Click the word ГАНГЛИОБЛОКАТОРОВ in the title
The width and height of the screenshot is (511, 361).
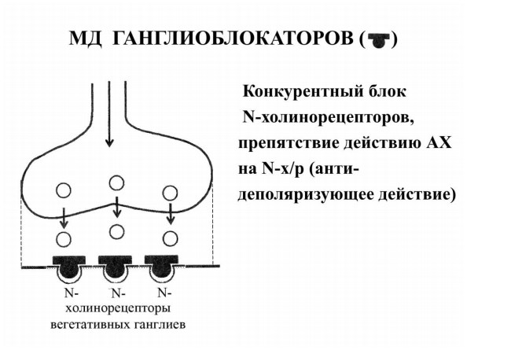(x=233, y=39)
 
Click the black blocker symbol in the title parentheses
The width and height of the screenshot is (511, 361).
(x=378, y=40)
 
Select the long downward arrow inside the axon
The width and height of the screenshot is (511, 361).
(x=109, y=114)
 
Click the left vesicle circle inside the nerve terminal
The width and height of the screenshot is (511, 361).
(x=63, y=190)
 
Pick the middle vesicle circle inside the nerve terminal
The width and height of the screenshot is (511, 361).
(x=116, y=182)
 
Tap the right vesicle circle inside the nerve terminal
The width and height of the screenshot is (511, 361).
(x=170, y=193)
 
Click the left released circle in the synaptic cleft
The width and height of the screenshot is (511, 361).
(x=64, y=240)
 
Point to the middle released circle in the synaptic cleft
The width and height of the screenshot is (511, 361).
(x=116, y=232)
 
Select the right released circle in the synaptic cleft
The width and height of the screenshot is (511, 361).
(x=170, y=239)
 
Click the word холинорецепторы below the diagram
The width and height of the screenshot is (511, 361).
(x=118, y=308)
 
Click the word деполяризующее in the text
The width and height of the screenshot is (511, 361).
(x=306, y=195)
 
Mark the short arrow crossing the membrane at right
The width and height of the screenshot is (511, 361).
(x=170, y=212)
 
